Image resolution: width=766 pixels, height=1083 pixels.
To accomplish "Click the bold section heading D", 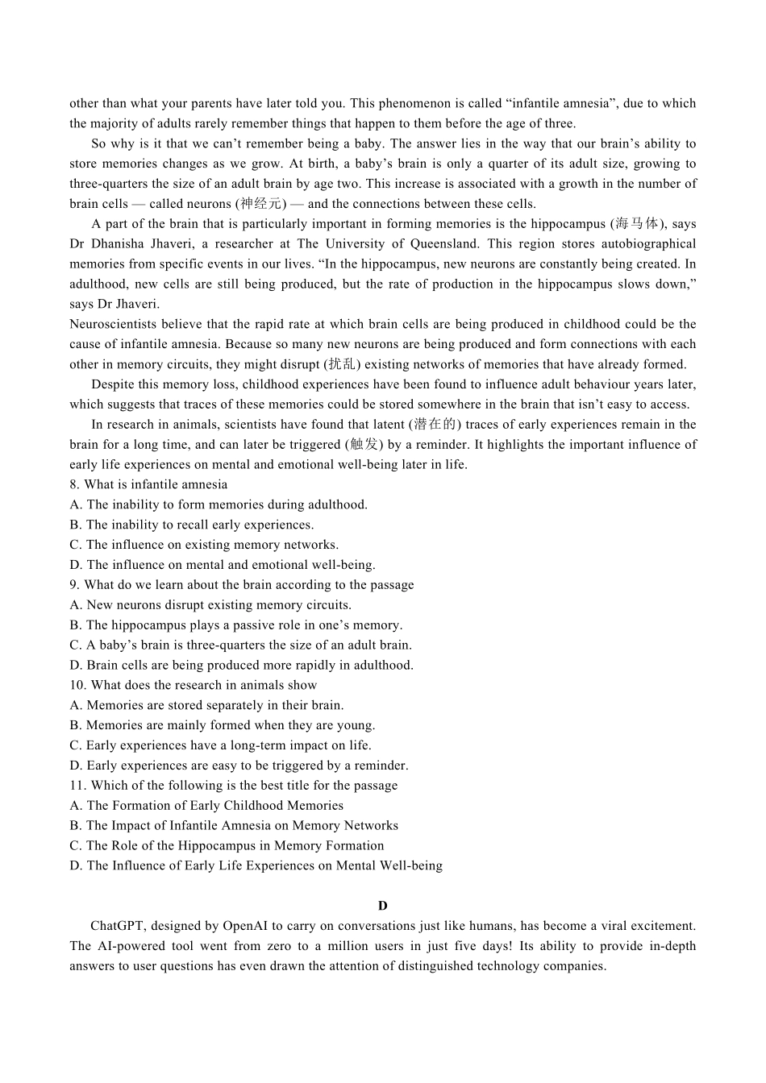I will point(382,906).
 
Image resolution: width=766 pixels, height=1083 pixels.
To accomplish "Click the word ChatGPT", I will point(117,926).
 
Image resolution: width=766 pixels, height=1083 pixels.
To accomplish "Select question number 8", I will point(74,484).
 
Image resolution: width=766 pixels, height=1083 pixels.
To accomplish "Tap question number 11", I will point(77,786).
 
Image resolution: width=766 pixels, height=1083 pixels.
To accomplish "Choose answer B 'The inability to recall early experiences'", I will point(191,525).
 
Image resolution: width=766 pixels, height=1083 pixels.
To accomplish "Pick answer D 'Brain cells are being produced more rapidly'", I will point(241,665).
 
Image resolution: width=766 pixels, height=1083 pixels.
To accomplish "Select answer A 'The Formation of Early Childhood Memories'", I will point(206,806).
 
